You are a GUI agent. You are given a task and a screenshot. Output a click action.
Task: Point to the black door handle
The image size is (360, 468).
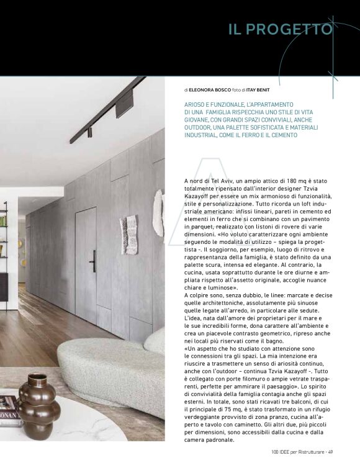coord(92,261)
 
